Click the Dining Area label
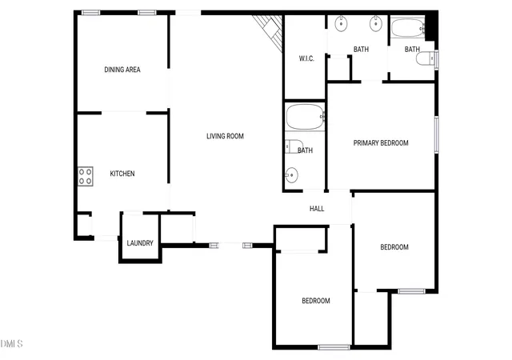point(122,70)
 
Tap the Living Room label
point(225,136)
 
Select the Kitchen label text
point(122,174)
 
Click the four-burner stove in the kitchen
point(86,177)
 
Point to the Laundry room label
point(140,243)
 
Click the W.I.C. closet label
point(306,59)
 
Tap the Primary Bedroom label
point(381,143)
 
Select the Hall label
point(317,209)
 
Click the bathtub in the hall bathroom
point(305,117)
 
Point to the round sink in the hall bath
point(291,175)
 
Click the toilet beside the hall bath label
point(294,146)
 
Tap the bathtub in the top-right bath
point(408,28)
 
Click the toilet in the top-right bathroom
point(426,59)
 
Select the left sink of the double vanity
point(341,24)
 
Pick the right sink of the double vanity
point(376,23)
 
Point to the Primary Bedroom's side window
point(436,134)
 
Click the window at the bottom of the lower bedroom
point(334,347)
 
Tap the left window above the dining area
point(90,13)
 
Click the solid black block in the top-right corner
point(431,26)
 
